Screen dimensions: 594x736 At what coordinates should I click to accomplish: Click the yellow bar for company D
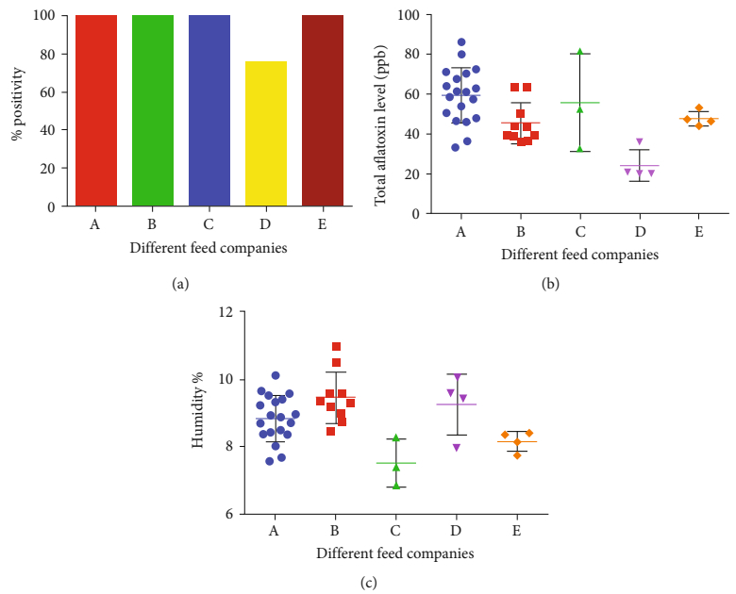266,134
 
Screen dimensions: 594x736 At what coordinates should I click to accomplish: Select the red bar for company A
96,110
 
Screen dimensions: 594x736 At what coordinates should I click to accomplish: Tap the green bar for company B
153,110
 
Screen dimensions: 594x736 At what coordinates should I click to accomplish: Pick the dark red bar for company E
323,110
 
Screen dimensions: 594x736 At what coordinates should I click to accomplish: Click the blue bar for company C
209,110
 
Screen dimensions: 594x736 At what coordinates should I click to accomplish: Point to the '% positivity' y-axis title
17,110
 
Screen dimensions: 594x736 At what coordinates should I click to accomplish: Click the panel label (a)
181,282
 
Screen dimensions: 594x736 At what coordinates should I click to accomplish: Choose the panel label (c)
368,583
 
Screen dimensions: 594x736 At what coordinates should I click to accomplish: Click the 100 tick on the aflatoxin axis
409,15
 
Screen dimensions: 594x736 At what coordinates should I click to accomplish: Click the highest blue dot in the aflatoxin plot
461,42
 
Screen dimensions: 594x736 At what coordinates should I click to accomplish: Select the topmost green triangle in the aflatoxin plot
580,52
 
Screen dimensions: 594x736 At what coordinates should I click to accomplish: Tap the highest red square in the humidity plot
336,347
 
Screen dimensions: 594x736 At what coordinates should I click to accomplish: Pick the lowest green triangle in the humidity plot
396,487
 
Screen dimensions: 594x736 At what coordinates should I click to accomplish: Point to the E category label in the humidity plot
517,533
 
